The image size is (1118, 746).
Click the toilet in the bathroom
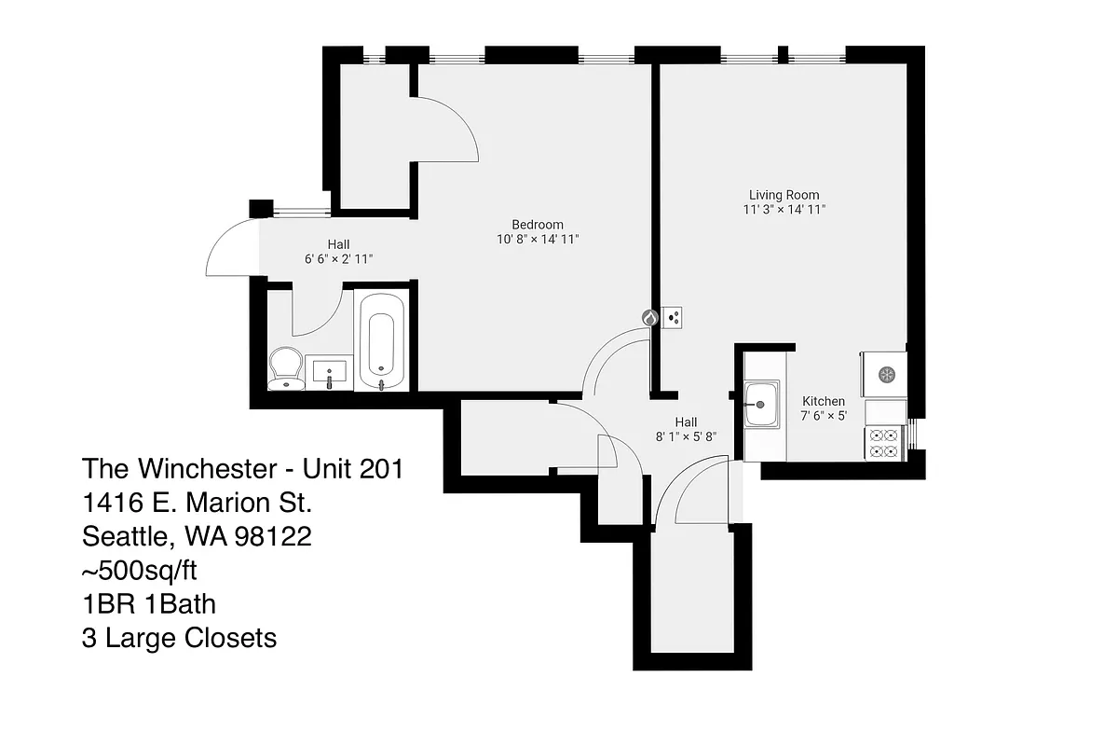pos(286,368)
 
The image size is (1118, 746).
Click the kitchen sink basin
pos(761,404)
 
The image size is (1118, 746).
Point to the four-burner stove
pos(884,443)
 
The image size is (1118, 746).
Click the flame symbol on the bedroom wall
pos(650,318)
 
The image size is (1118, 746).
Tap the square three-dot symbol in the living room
pos(672,317)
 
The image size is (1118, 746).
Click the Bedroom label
pos(538,225)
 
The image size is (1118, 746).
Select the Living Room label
pos(784,195)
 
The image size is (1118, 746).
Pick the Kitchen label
pos(824,401)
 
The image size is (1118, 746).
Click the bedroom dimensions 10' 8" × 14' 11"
pos(538,240)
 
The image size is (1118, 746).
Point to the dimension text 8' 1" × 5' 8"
pos(686,436)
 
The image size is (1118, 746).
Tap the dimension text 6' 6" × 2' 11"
pos(339,259)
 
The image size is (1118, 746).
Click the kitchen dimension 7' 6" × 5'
pos(824,416)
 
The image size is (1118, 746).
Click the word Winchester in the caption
pos(207,469)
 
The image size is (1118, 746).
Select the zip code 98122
pos(273,536)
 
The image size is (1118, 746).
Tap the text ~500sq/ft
pos(139,571)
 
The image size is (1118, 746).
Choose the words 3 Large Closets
pos(179,638)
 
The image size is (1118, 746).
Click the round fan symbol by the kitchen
pos(886,374)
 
